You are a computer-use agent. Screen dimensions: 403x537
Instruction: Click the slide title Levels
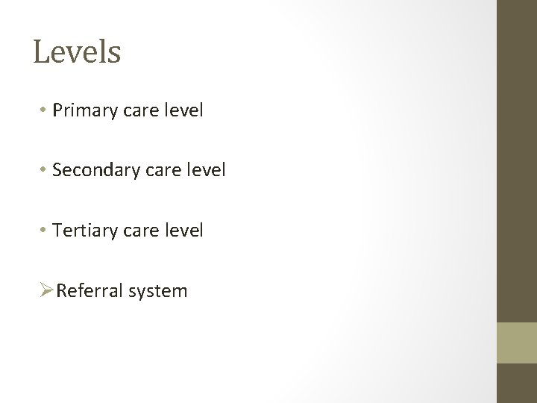tap(77, 53)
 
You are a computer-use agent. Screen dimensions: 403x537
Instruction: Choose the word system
tap(158, 291)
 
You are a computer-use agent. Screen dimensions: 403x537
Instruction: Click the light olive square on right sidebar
tap(517, 343)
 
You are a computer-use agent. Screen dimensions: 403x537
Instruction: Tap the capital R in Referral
tap(61, 290)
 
